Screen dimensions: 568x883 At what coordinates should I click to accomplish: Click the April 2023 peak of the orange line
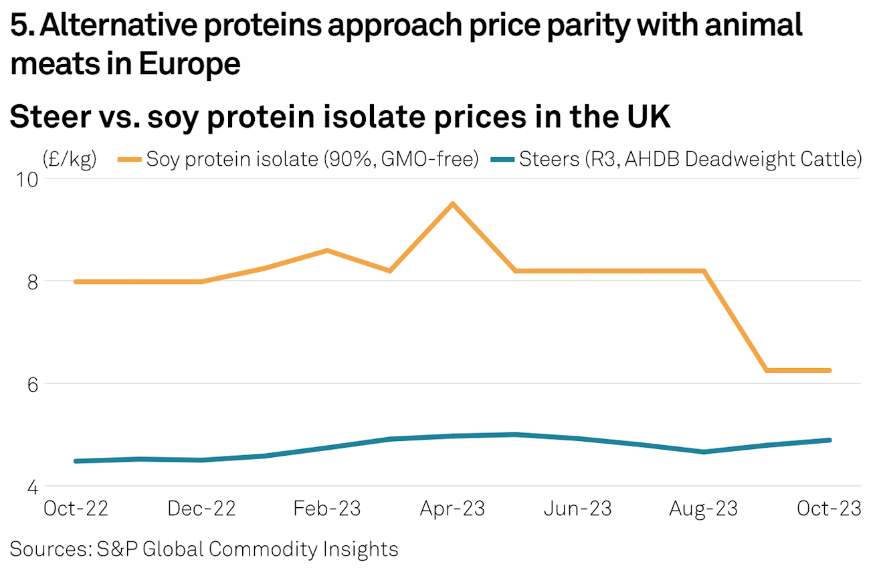pos(453,203)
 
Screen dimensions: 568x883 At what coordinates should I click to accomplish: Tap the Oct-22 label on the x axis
pos(76,509)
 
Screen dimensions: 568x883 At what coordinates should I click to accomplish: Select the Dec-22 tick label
pos(201,509)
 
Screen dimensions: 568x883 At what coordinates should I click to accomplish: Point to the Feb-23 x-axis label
pos(327,509)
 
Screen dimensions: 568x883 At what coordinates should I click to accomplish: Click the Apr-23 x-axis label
pos(452,509)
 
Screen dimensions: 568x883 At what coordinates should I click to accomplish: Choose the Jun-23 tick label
pos(578,509)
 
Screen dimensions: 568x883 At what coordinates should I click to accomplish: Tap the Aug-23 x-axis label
pos(704,509)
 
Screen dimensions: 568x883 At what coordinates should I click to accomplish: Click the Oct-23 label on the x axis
pos(829,509)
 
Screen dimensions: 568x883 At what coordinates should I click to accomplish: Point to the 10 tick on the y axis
pos(30,180)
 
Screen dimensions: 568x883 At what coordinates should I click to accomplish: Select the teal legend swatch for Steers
pos(503,160)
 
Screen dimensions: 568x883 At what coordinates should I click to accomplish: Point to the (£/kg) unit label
pos(69,160)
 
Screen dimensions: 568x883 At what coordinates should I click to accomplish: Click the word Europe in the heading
pos(189,65)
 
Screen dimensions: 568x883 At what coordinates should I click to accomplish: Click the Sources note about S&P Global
pos(205,549)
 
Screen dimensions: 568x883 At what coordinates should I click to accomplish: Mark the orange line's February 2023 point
pos(327,251)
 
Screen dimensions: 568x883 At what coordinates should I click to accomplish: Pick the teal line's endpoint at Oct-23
pos(829,440)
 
